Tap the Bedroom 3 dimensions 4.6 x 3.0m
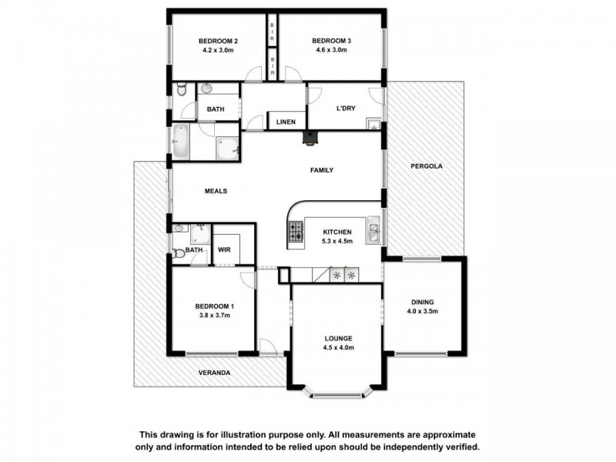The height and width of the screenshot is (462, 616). pyautogui.click(x=330, y=51)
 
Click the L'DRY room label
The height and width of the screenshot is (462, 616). pyautogui.click(x=344, y=109)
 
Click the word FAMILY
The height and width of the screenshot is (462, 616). pyautogui.click(x=321, y=170)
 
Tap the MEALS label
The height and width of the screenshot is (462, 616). pyautogui.click(x=216, y=191)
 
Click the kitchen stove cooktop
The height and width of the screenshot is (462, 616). pyautogui.click(x=296, y=230)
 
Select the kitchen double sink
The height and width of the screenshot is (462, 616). pyautogui.click(x=373, y=231)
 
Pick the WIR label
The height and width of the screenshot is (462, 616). pyautogui.click(x=224, y=249)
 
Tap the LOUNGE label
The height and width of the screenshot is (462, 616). pyautogui.click(x=338, y=338)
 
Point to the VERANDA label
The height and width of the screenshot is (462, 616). pyautogui.click(x=215, y=373)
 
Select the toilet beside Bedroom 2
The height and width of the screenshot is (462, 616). pyautogui.click(x=181, y=91)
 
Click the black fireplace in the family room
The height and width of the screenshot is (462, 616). pyautogui.click(x=308, y=139)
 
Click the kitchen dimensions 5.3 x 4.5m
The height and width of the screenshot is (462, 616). pyautogui.click(x=337, y=241)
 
